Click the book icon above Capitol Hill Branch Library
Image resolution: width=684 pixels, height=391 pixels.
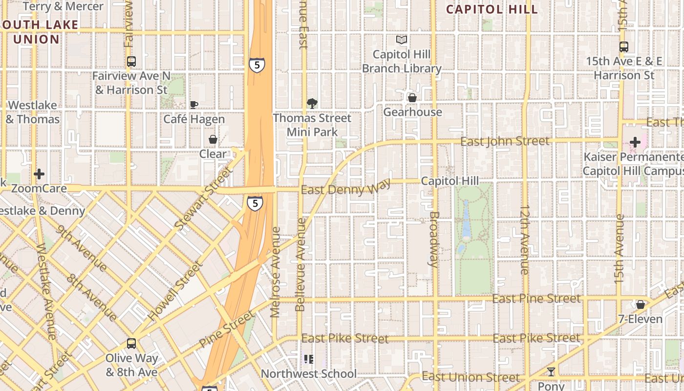coord(402,40)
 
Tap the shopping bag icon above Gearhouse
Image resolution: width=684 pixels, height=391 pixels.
coord(412,98)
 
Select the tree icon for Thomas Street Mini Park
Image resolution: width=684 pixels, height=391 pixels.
coord(312,103)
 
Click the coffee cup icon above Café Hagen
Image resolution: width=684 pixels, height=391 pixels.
coord(194,105)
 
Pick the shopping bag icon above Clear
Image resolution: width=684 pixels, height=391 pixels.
coord(213,140)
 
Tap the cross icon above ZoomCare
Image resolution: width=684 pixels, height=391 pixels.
coord(39,174)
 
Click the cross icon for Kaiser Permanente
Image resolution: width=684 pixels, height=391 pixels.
coord(635,142)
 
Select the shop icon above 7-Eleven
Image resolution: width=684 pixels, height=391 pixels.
coord(640,304)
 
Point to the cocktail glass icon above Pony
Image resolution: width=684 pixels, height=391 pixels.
coord(551,372)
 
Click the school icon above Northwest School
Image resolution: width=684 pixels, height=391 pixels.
coord(309,360)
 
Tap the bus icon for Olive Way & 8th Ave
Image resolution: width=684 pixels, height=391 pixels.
coord(131,344)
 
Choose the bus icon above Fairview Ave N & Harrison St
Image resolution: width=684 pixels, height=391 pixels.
coord(131,62)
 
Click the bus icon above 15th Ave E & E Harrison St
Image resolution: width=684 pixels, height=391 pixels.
coord(623,47)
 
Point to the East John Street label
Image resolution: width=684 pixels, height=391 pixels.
coord(505,142)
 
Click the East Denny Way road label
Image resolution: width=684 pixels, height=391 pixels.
coord(346,188)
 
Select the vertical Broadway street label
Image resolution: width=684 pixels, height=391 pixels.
coord(434,239)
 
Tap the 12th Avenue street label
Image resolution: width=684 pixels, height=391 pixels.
coord(524,239)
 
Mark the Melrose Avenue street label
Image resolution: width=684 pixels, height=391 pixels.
coord(276,272)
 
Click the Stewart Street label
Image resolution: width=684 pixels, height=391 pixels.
coord(202,199)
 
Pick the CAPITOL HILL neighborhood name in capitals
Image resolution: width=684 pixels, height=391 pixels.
coord(492,9)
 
